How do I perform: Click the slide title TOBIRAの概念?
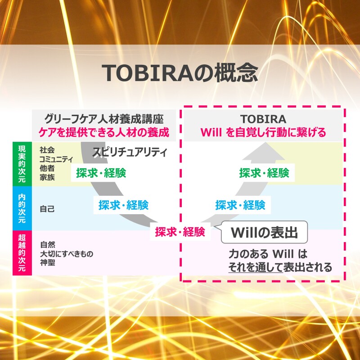coord(180,73)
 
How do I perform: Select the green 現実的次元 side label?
coord(22,164)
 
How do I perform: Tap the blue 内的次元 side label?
coord(22,208)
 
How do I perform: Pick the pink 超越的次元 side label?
coord(22,253)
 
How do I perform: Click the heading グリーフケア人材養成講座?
coord(104,119)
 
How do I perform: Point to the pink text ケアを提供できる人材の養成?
coord(104,132)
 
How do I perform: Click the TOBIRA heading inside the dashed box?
coord(263,119)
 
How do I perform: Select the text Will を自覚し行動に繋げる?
coord(263,132)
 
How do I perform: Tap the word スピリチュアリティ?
coord(130,152)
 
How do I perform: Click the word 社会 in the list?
coord(47,150)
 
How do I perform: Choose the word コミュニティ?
coord(56,159)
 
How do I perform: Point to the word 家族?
coord(47,177)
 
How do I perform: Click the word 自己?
coord(47,209)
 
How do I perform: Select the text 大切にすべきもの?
coord(67,254)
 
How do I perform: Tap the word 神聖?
coord(48,263)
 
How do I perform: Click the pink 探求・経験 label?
coord(180,232)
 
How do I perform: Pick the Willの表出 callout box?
coord(264,232)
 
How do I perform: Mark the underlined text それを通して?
coord(256,267)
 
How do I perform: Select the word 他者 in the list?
coord(47,168)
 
